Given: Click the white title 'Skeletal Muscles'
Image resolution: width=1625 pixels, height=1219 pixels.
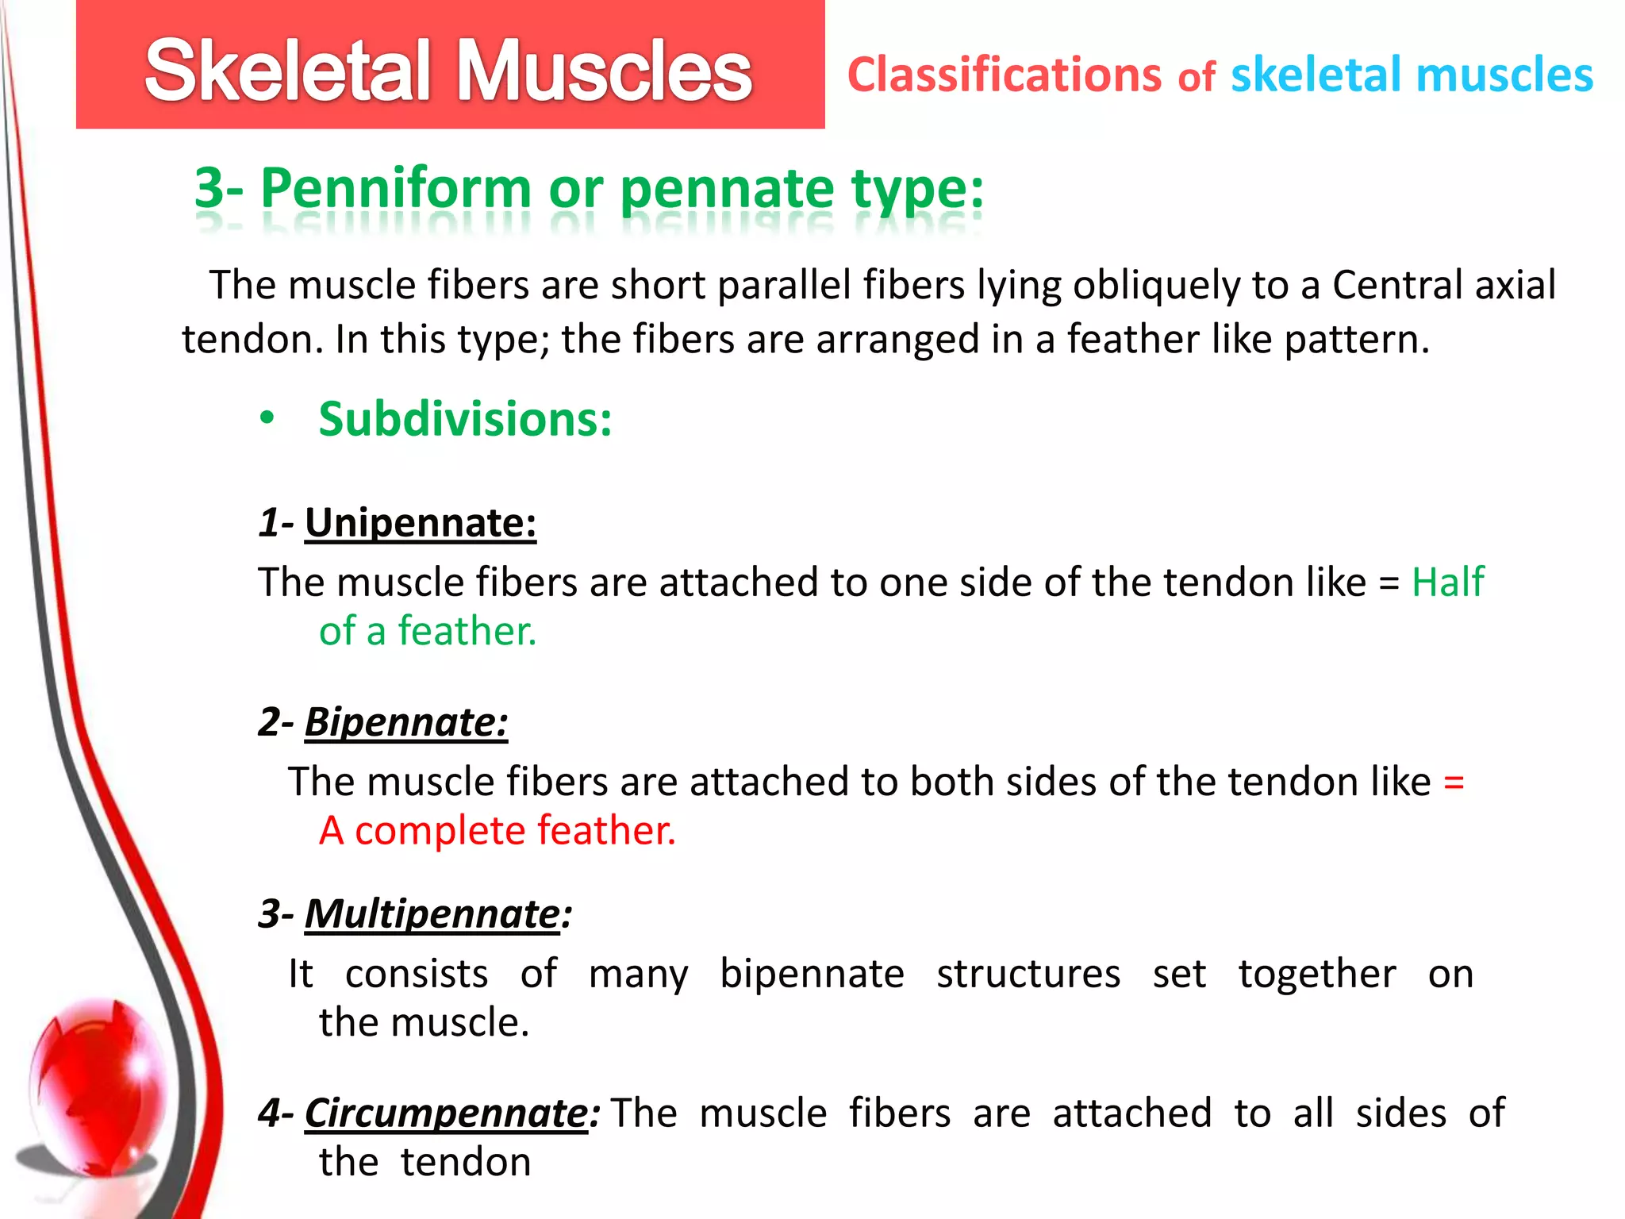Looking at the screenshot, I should tap(448, 71).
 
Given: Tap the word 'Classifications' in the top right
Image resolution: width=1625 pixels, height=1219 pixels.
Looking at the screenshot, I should tap(1005, 75).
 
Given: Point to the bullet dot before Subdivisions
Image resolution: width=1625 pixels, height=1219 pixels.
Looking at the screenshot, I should tap(267, 417).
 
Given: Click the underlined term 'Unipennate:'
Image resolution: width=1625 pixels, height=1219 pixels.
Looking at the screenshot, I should tap(421, 523).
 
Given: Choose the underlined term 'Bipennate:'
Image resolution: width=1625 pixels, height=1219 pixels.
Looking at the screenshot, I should tap(406, 722).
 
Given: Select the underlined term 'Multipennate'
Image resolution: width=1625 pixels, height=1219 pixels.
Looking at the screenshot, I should tap(432, 913).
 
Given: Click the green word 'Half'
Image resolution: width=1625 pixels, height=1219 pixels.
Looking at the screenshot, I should tap(1447, 583).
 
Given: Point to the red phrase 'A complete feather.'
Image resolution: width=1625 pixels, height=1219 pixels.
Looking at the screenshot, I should tap(497, 831).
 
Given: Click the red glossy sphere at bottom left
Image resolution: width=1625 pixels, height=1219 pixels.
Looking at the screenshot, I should tap(99, 1083).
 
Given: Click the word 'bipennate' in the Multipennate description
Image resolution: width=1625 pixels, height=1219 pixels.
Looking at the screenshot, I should tap(812, 975).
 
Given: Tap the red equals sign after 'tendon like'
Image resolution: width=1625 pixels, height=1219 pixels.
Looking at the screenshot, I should tap(1454, 783).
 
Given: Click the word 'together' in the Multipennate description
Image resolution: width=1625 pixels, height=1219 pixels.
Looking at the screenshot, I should tap(1317, 975).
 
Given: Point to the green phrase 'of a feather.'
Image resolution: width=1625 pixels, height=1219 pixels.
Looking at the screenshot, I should tap(428, 632).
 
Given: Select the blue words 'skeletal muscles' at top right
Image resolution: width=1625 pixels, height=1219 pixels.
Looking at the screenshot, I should tap(1412, 75).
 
